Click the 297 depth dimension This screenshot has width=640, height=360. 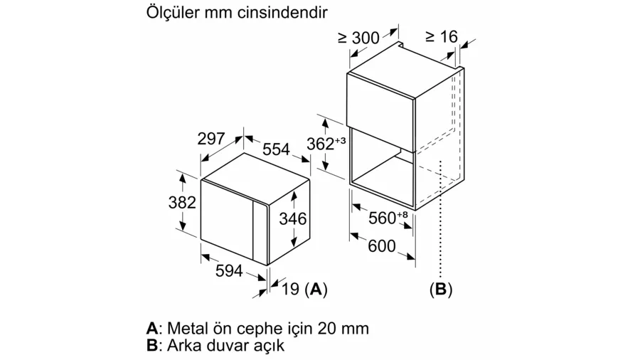pos(211,139)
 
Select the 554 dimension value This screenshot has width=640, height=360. pos(276,149)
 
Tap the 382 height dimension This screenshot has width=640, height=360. pos(182,203)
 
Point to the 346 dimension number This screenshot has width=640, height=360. pos(293,219)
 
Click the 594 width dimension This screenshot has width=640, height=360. pos(229,270)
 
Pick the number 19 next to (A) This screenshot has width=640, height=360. pos(291,290)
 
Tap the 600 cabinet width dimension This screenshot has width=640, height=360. pos(382,246)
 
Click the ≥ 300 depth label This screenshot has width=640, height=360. pos(359,38)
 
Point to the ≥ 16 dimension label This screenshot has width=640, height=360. pos(442,37)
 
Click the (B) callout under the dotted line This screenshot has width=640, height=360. pos(441,290)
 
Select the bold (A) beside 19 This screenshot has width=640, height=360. pos(316,290)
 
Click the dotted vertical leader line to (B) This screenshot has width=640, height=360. pos(441,220)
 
